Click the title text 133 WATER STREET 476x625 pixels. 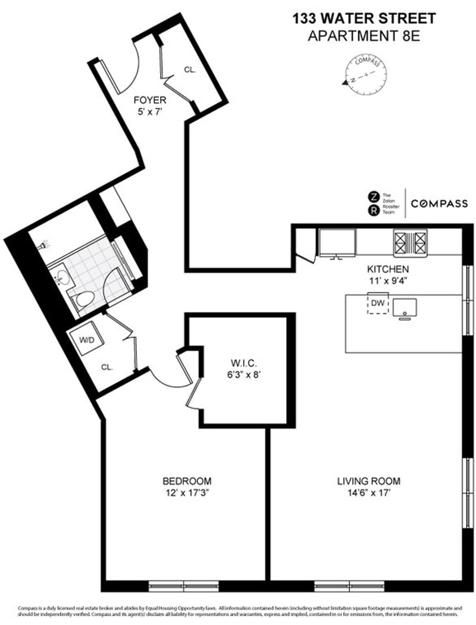(364, 19)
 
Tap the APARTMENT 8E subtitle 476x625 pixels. (364, 36)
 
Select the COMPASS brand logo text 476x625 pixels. (441, 204)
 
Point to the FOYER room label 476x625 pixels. (149, 100)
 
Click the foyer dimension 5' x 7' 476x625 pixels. (149, 111)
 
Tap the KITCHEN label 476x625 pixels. (387, 268)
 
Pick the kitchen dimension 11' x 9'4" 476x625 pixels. (387, 279)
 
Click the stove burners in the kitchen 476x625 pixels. (410, 242)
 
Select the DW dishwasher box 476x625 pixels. (378, 304)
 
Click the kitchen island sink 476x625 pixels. (404, 307)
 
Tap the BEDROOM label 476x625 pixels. (187, 481)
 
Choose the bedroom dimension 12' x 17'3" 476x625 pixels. (187, 492)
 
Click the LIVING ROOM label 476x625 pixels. (369, 481)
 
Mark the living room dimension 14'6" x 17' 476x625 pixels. (369, 492)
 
